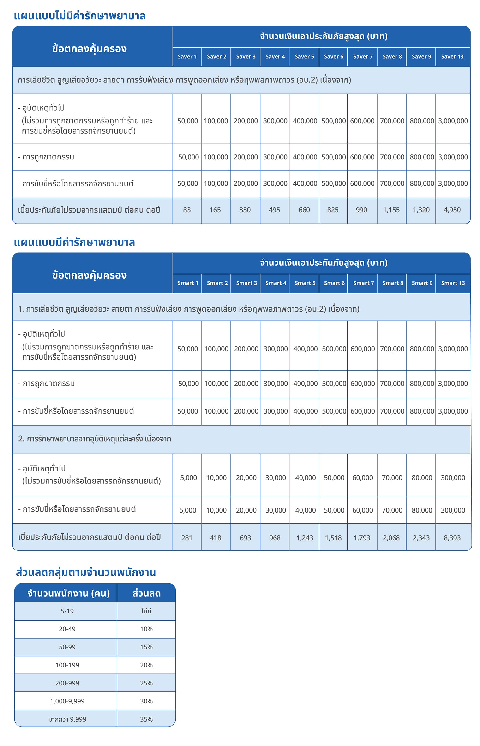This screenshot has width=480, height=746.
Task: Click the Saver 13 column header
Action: click(452, 56)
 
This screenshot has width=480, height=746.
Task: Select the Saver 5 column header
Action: click(304, 56)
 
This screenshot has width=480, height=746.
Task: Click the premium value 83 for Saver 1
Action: click(187, 210)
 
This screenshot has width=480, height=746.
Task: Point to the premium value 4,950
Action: click(452, 210)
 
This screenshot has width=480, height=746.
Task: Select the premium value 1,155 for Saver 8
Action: click(391, 210)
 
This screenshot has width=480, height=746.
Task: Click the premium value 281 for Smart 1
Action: click(187, 538)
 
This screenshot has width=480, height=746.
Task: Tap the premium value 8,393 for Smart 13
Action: click(452, 538)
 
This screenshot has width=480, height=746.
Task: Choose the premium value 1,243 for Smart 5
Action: click(305, 538)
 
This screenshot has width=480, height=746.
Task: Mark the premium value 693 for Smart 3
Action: click(245, 538)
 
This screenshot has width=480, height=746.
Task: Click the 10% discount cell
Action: click(146, 629)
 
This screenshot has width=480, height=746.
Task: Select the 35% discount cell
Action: click(146, 719)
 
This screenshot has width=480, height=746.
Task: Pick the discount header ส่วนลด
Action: click(146, 593)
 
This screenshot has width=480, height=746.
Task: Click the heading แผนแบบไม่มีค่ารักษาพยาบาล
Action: click(79, 16)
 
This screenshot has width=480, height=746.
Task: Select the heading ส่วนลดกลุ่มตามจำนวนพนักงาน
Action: click(86, 572)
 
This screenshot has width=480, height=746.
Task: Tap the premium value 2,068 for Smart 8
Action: click(391, 538)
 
